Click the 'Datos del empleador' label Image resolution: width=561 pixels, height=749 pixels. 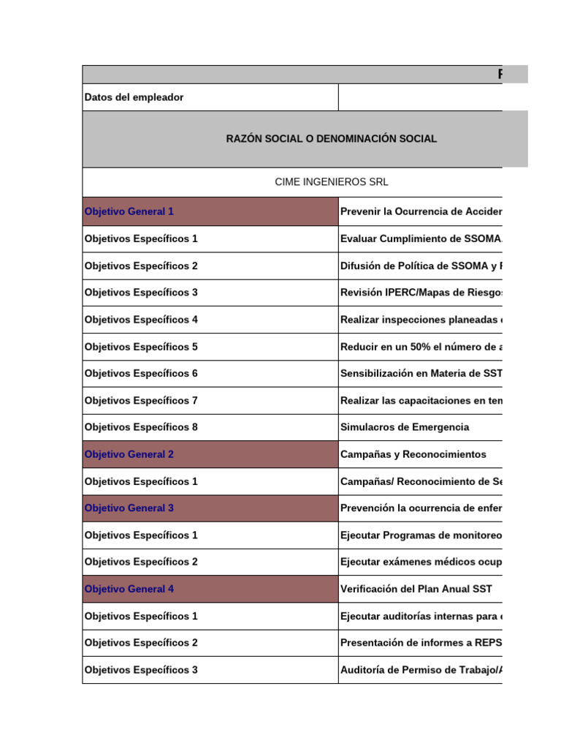pyautogui.click(x=134, y=97)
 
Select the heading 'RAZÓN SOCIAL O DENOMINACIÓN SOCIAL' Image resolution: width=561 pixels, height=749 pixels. pyautogui.click(x=332, y=139)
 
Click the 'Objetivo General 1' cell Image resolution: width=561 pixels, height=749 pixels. pyautogui.click(x=129, y=211)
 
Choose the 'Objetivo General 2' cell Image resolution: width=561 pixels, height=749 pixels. pyautogui.click(x=129, y=454)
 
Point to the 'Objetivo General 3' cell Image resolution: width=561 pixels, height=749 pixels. pyautogui.click(x=129, y=508)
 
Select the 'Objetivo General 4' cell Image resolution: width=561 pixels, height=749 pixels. pyautogui.click(x=129, y=589)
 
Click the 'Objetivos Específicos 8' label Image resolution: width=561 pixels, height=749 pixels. pyautogui.click(x=141, y=427)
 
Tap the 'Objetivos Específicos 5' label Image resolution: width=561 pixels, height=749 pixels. pyautogui.click(x=141, y=347)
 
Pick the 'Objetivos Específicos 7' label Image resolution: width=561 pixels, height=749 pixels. pyautogui.click(x=141, y=401)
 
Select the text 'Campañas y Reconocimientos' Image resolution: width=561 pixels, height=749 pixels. pyautogui.click(x=413, y=454)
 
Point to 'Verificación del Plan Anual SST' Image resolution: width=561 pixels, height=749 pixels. pyautogui.click(x=416, y=589)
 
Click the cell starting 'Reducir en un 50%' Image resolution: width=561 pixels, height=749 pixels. pyautogui.click(x=421, y=347)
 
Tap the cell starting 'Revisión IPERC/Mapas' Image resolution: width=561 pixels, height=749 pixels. pyautogui.click(x=421, y=293)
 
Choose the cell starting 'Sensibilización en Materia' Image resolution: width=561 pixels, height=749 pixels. pyautogui.click(x=421, y=374)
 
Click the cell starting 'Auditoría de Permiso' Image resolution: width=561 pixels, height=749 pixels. pyautogui.click(x=421, y=670)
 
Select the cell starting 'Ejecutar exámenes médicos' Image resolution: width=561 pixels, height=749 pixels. pyautogui.click(x=421, y=562)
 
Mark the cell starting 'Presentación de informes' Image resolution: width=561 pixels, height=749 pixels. pyautogui.click(x=421, y=643)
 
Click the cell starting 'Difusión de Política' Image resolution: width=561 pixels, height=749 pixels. pyautogui.click(x=421, y=266)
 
